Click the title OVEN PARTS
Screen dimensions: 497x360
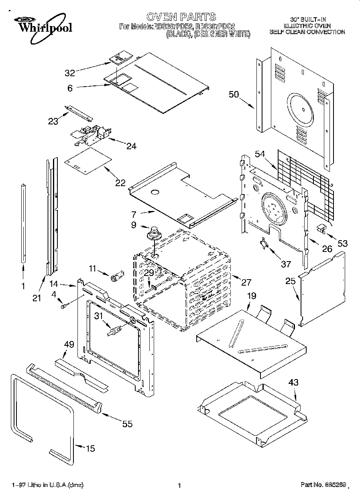tap(181, 17)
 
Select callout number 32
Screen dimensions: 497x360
tap(70, 73)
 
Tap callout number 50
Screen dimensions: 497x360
tap(234, 95)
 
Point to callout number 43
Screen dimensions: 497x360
tap(293, 383)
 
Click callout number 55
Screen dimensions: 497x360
tap(127, 424)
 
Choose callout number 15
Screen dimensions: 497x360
tap(91, 448)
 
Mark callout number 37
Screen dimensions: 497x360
tap(285, 264)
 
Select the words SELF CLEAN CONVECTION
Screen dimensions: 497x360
tap(307, 32)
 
